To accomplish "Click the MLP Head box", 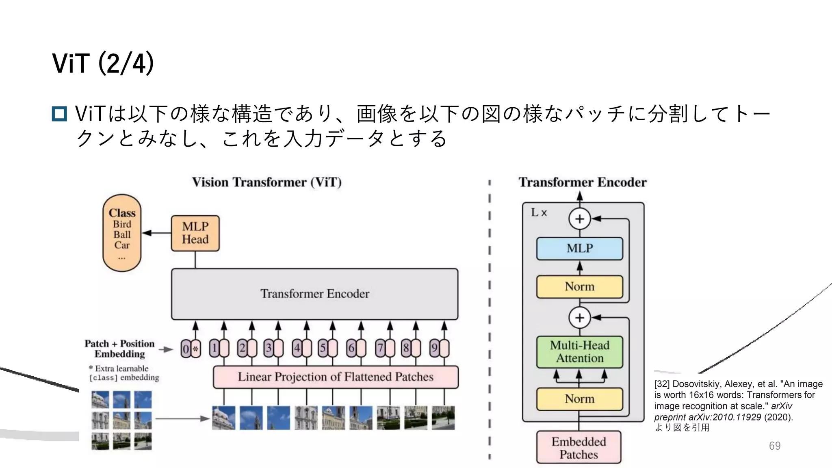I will coord(195,233).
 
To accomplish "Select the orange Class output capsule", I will coord(122,233).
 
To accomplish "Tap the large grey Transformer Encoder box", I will coord(314,294).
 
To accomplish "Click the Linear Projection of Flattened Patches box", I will coord(336,377).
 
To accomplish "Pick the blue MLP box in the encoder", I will coord(579,248).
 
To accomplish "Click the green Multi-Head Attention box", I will coord(579,352).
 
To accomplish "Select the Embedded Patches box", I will coord(578,447).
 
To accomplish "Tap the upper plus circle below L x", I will coord(579,219).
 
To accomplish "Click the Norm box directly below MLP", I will coord(579,287).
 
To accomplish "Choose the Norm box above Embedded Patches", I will coord(579,399).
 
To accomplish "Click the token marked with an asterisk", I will coord(196,349).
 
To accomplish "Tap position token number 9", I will coord(434,348).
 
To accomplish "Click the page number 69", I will coord(774,446).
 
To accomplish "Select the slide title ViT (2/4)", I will coord(103,63).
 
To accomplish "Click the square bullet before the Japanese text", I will coord(59,114).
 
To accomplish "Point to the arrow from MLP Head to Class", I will coord(156,233).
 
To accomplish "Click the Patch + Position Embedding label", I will coord(119,349).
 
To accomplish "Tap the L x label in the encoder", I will coord(539,212).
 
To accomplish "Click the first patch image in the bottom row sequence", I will coord(223,418).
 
